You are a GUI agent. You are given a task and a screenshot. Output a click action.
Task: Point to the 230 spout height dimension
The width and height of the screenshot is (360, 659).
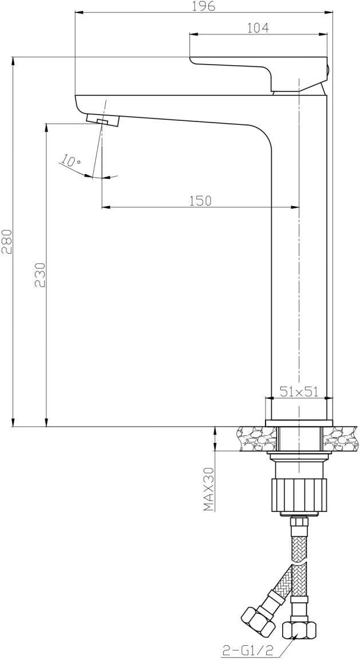(40, 275)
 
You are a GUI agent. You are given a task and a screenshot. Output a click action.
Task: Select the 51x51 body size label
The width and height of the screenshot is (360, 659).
(299, 392)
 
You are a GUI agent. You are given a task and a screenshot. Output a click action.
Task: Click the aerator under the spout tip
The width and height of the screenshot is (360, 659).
(104, 120)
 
